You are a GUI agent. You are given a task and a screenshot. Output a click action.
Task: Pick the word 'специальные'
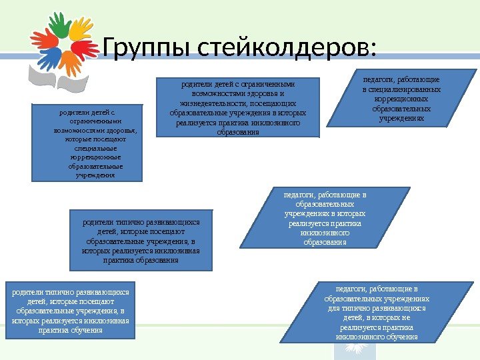(87, 149)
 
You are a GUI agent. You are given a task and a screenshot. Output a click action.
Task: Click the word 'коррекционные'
(87, 157)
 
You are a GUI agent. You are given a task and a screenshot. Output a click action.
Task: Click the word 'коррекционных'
(401, 99)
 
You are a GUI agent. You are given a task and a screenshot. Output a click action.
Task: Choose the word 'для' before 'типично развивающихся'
(335, 309)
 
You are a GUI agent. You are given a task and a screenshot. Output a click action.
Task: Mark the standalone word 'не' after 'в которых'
(406, 318)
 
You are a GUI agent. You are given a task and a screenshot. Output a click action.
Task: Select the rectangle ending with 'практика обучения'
(69, 311)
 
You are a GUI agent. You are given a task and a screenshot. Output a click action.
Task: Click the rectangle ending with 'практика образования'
(141, 237)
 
